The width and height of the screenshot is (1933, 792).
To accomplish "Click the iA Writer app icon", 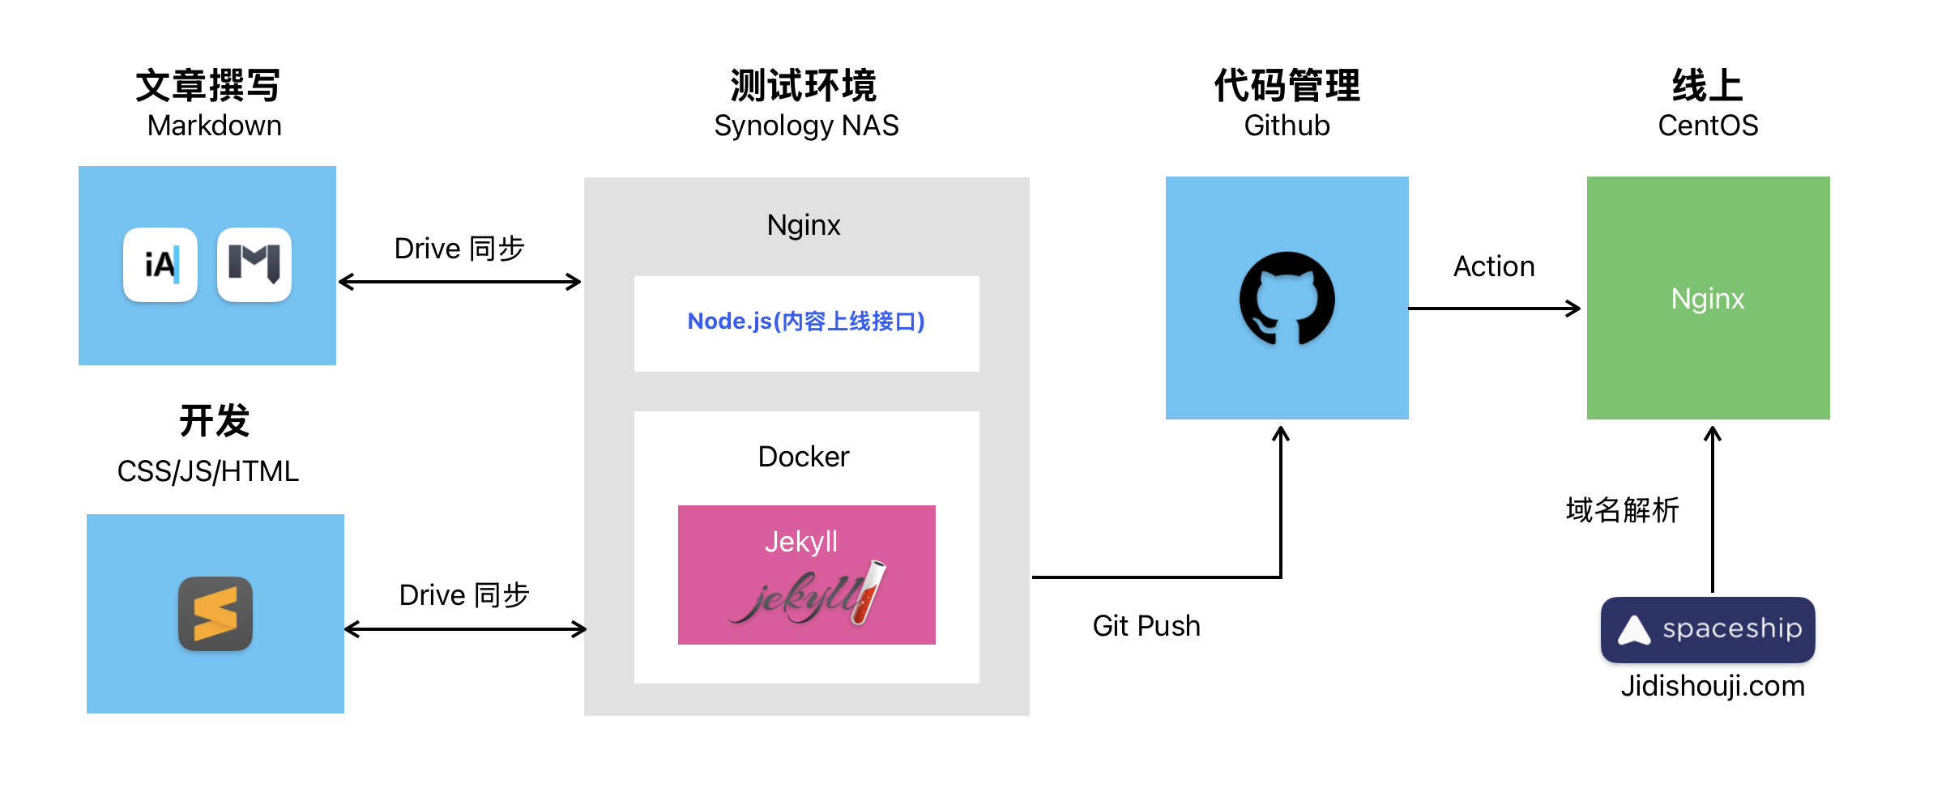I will [160, 265].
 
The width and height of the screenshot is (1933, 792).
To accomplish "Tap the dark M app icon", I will [254, 265].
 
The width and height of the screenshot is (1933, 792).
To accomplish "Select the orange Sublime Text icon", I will [215, 614].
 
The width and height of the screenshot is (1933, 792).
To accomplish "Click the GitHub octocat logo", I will [1287, 298].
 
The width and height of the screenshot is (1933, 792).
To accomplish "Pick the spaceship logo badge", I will [1708, 629].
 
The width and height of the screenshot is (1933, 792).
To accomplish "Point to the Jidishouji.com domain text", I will [1712, 686].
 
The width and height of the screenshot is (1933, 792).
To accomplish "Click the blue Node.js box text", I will [806, 321].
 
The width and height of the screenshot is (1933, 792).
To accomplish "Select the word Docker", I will [804, 457].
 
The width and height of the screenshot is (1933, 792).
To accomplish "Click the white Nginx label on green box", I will [1708, 299].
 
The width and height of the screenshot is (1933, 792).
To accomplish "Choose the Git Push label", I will [1146, 626].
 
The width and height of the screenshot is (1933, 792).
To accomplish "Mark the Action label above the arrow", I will [1494, 266].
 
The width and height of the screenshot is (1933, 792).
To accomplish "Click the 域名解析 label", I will [1623, 510].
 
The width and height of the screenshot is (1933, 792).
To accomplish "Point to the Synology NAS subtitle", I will [806, 126].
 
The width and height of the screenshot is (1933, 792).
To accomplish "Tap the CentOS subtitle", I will [1708, 126].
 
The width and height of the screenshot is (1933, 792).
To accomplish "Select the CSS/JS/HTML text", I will [208, 471].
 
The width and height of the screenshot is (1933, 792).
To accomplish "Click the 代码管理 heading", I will [1287, 86].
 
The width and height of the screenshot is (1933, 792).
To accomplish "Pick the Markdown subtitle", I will [215, 126].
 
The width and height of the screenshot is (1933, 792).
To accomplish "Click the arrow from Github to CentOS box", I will [1495, 309].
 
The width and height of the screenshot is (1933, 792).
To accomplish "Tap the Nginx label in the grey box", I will [804, 224].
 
